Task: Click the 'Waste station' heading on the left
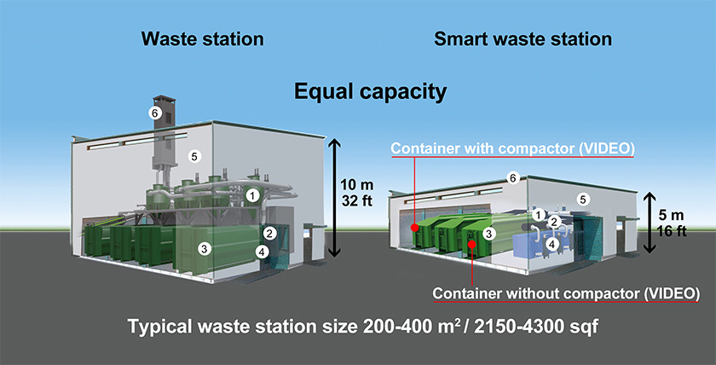click(x=202, y=39)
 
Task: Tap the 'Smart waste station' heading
click(x=523, y=39)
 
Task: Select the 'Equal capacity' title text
click(x=370, y=90)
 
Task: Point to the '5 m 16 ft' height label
click(x=673, y=223)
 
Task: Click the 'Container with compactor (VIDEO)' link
click(x=511, y=148)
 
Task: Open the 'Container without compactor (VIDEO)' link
click(x=566, y=293)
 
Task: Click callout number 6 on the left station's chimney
click(x=155, y=112)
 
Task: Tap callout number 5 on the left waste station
click(x=193, y=156)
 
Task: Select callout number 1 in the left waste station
click(x=251, y=195)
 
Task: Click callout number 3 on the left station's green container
click(x=204, y=249)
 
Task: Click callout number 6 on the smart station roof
click(x=512, y=177)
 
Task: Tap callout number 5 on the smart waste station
click(x=583, y=199)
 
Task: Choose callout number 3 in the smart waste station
click(x=488, y=233)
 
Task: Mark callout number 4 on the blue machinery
click(x=552, y=243)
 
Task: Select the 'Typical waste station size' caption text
click(x=357, y=327)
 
